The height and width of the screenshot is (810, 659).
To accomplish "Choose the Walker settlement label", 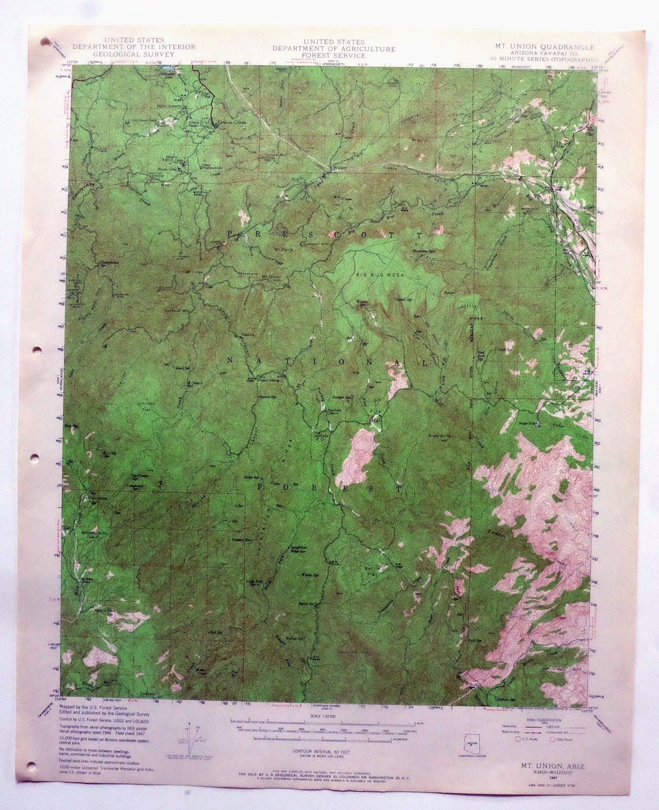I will point(338,168).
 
